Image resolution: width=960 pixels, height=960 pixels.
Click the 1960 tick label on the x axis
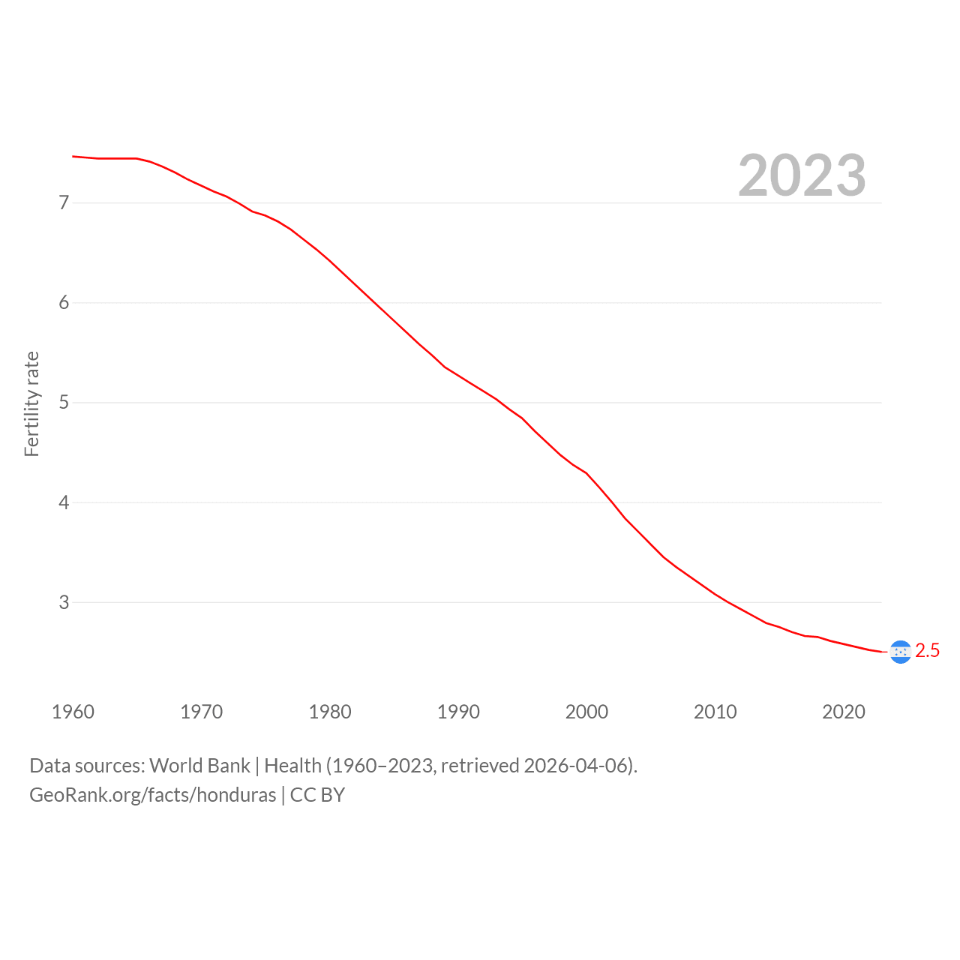[x=73, y=712]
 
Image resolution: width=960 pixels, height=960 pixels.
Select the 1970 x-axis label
[x=201, y=712]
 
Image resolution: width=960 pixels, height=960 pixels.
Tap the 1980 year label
[x=330, y=712]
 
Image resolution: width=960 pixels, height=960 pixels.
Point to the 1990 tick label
[x=458, y=712]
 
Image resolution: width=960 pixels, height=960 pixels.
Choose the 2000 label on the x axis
[x=586, y=712]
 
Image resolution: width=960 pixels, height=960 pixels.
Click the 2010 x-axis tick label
[x=715, y=712]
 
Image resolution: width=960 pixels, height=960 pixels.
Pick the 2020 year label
[x=844, y=712]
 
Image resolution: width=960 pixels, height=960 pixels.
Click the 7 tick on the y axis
[x=64, y=202]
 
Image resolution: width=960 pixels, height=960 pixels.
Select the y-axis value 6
[x=64, y=302]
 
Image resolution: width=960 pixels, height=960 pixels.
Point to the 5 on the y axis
[x=64, y=402]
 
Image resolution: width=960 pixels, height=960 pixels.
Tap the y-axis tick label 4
[x=64, y=502]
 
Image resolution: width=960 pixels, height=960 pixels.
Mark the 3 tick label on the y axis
[x=64, y=602]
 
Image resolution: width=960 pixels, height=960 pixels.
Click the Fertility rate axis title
[x=31, y=404]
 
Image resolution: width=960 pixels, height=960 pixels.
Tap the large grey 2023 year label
[x=802, y=175]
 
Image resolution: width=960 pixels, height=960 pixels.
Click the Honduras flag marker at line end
[x=901, y=652]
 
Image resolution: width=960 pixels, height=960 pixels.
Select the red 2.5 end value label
[x=927, y=651]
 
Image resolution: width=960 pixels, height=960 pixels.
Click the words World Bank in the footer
[x=199, y=766]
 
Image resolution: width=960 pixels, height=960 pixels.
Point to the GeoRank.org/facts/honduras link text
[x=153, y=795]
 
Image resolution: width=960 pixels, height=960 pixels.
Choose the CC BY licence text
[x=317, y=795]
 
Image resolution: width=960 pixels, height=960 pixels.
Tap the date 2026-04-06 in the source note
[x=576, y=766]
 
